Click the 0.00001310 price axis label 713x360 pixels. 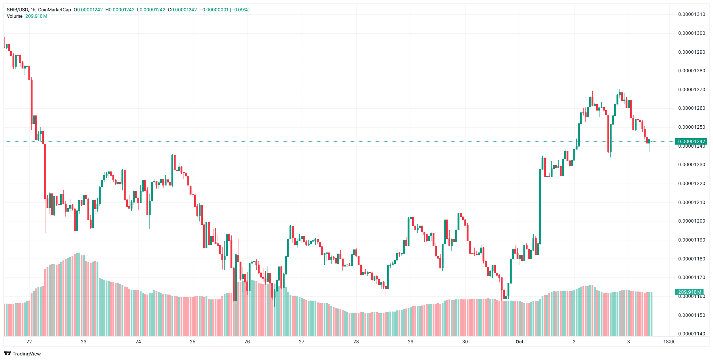coord(691,14)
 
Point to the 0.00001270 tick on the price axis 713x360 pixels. coord(691,90)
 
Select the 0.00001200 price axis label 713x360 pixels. coord(691,221)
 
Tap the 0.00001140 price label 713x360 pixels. coord(691,334)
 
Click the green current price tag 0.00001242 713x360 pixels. coord(691,142)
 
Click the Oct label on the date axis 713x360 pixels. coord(519,342)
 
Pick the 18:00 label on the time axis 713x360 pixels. coord(669,342)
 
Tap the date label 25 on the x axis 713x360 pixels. coord(193,342)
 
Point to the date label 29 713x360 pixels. coord(411,342)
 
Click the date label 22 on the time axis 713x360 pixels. coord(29,342)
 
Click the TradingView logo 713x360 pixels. coord(22,354)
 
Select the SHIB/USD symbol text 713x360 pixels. coord(17,10)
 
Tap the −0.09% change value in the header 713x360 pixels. coord(240,10)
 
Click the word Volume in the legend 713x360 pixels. coord(15,16)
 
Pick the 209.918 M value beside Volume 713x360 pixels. coord(36,16)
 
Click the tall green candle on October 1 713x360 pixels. coord(540,206)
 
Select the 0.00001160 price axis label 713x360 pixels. coord(691,296)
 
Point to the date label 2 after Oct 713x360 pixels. coord(574,342)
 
